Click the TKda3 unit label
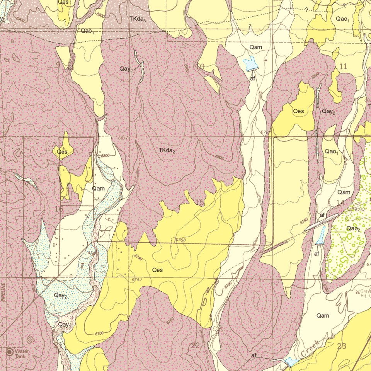coord(138,19)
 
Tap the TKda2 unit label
coord(167,150)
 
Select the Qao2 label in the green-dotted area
coord(353,228)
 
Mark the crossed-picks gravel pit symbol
coord(357,292)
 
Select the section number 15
coord(199,203)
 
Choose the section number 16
coord(59,209)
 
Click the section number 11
coord(343,66)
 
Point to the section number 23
coord(341,346)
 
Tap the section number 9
coord(58,65)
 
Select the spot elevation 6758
coord(180,240)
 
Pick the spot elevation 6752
coord(136,280)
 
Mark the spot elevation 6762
coord(360,210)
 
